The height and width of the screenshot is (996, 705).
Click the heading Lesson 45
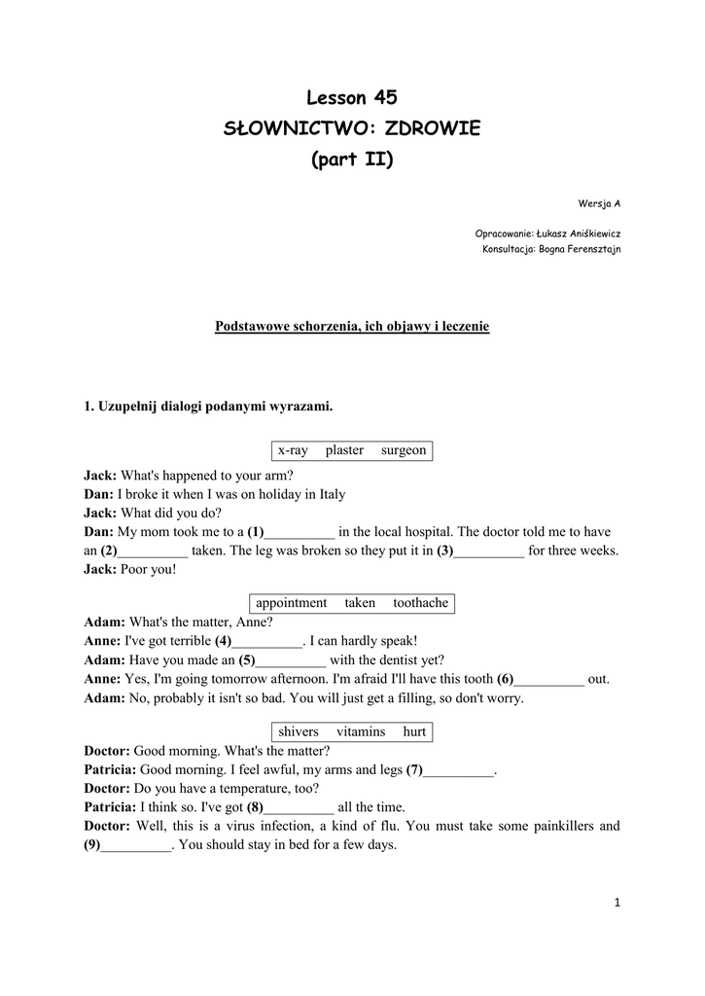pos(352,97)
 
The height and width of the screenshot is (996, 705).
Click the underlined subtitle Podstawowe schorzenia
pos(352,327)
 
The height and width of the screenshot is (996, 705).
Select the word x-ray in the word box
pos(293,450)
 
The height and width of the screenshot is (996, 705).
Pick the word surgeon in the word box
pos(404,450)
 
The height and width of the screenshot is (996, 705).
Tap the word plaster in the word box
pos(344,450)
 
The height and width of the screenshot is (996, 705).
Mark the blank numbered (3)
pos(489,551)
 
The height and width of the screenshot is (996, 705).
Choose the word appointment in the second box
pos(291,603)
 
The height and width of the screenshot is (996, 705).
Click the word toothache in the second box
pos(420,603)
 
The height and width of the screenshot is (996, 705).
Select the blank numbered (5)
pos(290,660)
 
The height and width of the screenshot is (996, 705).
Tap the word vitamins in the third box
pos(361,731)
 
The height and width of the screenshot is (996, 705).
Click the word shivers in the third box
pos(298,731)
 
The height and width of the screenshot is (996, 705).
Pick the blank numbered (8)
pos(300,808)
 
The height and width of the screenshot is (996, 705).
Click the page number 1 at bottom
pos(617,902)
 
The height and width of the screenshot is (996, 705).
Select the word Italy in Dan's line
pos(332,494)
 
